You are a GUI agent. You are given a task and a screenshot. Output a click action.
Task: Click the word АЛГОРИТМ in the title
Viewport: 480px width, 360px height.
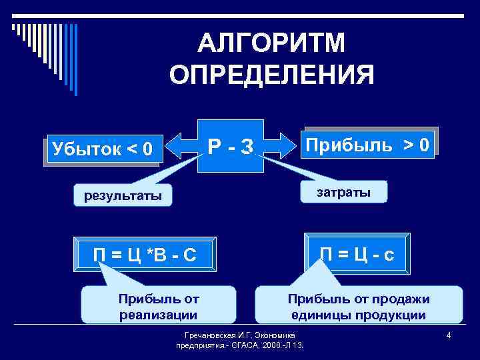tap(271, 43)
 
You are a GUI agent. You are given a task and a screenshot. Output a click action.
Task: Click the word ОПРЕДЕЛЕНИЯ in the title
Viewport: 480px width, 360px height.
tap(271, 75)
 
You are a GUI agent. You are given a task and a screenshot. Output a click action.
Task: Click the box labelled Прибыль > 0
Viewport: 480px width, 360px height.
tap(371, 143)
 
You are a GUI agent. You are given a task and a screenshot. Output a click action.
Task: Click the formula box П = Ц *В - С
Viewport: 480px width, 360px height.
tap(145, 254)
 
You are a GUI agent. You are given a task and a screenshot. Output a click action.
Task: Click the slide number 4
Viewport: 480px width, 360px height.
tap(449, 335)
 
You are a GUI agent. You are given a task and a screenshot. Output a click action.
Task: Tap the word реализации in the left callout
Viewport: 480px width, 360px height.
tap(158, 315)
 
